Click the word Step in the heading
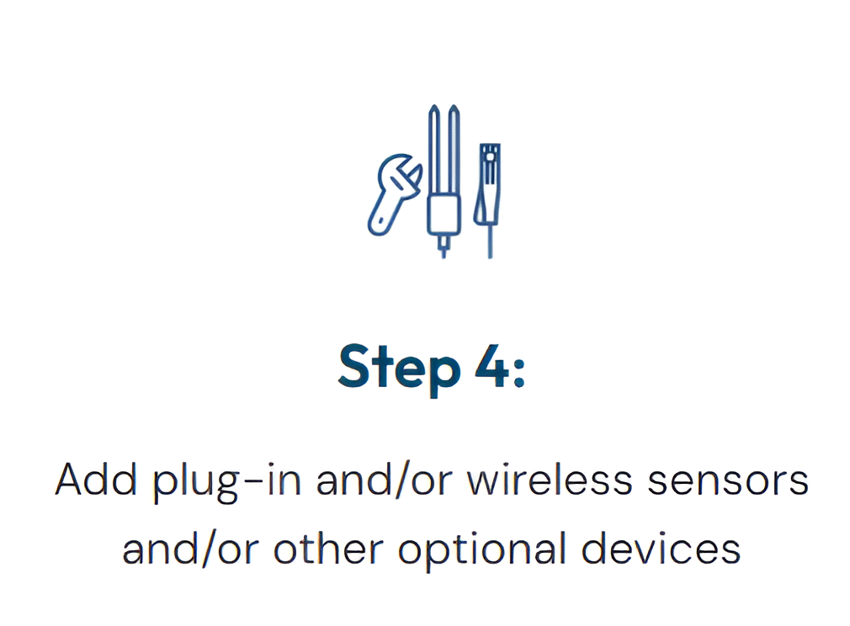400,369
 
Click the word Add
96,479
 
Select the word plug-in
226,481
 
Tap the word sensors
728,481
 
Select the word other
328,548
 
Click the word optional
482,549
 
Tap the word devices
661,548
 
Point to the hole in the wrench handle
382,221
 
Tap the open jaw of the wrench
411,174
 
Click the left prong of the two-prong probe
433,151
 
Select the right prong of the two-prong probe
454,151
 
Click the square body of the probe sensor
444,215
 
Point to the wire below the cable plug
490,241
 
